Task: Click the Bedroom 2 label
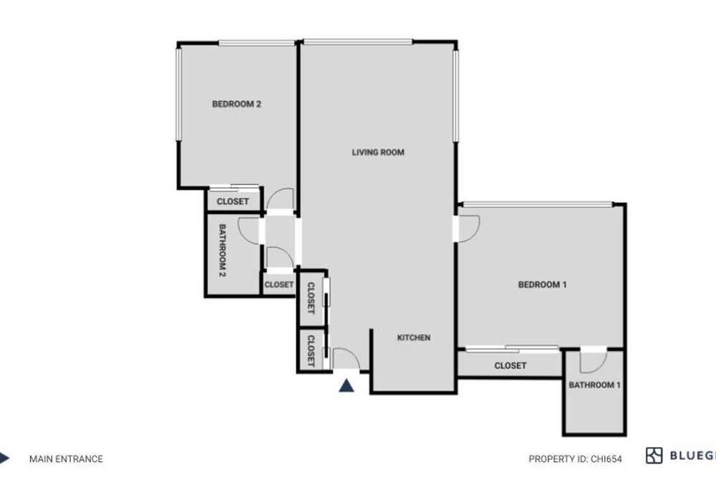click(236, 104)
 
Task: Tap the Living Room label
click(378, 153)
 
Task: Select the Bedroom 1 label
click(542, 284)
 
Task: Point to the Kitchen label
click(414, 337)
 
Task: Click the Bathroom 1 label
click(594, 385)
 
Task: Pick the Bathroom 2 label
click(223, 251)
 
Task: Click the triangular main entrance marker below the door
click(347, 386)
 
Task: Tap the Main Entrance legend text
click(66, 458)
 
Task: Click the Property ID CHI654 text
click(575, 458)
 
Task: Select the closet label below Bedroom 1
click(510, 365)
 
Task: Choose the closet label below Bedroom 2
click(233, 201)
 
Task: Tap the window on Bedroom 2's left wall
click(179, 94)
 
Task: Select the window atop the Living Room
click(358, 42)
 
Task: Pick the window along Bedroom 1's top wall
click(538, 204)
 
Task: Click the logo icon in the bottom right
click(654, 456)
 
